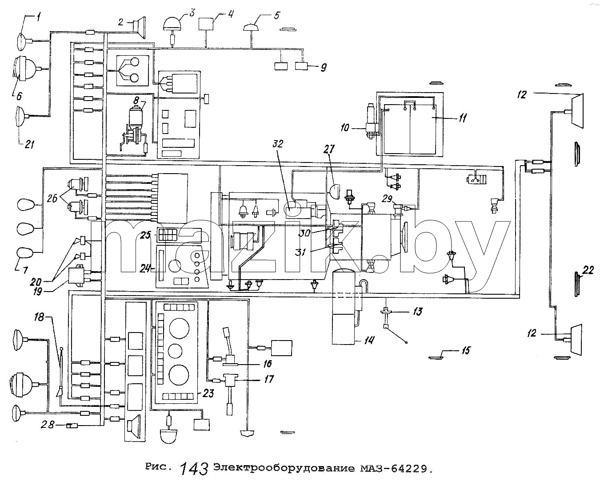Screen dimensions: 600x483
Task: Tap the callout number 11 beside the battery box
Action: [462, 118]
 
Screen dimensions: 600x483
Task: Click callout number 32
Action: [277, 144]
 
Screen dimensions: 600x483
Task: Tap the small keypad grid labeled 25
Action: [167, 235]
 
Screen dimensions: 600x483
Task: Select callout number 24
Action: [145, 268]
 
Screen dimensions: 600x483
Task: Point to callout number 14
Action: [369, 340]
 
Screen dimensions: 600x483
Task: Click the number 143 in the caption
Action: [194, 468]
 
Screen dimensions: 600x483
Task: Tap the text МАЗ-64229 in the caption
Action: [394, 468]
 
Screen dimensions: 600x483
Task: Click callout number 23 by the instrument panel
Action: [208, 394]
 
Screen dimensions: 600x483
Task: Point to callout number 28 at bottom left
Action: [48, 425]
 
